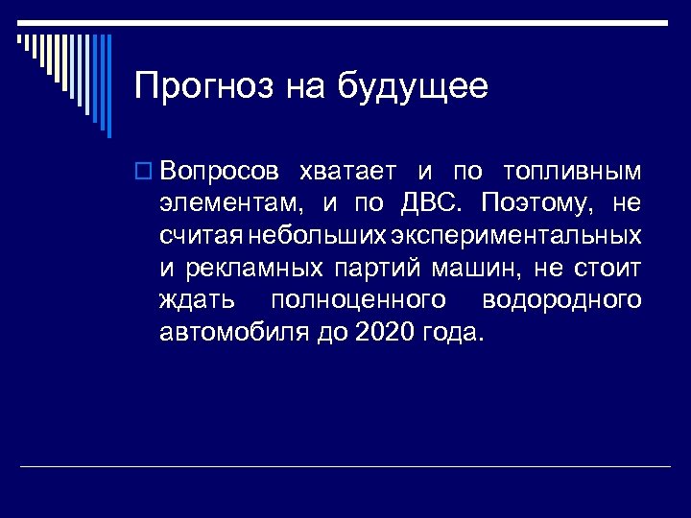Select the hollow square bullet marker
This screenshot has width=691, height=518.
click(x=145, y=172)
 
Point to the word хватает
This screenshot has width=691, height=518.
click(x=347, y=172)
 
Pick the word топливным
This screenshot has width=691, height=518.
click(x=572, y=172)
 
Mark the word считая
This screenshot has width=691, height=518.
click(x=202, y=236)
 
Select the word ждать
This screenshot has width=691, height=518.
click(x=197, y=300)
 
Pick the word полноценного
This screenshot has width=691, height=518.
click(x=359, y=300)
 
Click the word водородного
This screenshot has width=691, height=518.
click(x=561, y=300)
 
